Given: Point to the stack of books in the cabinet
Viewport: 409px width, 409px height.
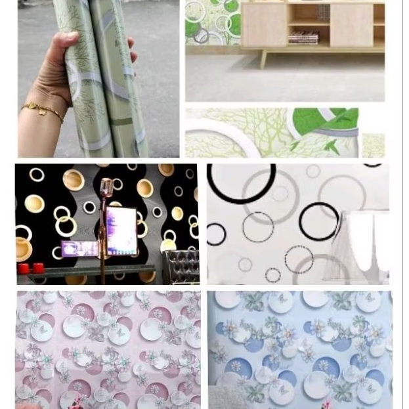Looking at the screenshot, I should pyautogui.click(x=303, y=38).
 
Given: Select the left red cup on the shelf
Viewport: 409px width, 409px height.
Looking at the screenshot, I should pyautogui.click(x=25, y=268).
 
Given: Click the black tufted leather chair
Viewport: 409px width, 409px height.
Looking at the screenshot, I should pyautogui.click(x=181, y=266).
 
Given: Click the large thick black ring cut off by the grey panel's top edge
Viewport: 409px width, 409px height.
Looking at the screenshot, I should pyautogui.click(x=241, y=181).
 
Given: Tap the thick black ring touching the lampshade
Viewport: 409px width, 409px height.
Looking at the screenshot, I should pyautogui.click(x=319, y=222).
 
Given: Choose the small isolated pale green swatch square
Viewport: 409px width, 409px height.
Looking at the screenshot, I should pyautogui.click(x=373, y=145).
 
